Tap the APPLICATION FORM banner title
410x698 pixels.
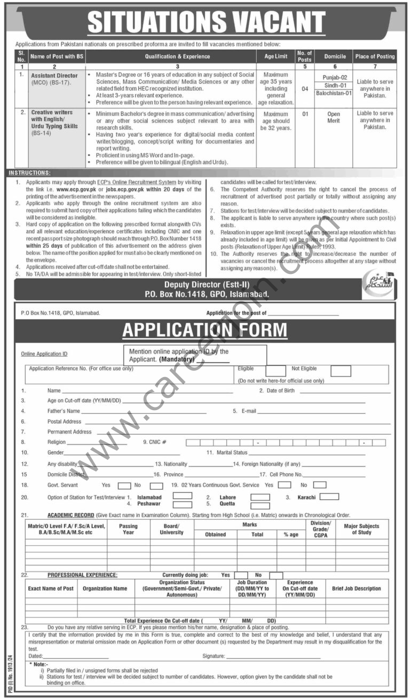pos(204,330)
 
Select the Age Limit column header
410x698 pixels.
pos(276,56)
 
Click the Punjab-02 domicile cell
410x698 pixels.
pos(335,77)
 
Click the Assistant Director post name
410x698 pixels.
pos(54,76)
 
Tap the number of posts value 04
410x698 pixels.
pos(305,88)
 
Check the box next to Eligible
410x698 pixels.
pos(275,371)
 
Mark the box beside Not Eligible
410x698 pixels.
pos(341,371)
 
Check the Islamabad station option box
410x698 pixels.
pos(182,496)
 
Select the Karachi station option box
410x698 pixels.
pos(329,497)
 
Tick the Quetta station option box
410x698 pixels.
pos(260,504)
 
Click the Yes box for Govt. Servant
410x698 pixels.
pos(124,485)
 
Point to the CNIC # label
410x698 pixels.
pos(155,442)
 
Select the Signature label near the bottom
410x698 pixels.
pos(214,656)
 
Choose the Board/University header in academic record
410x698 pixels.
pos(171,529)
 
